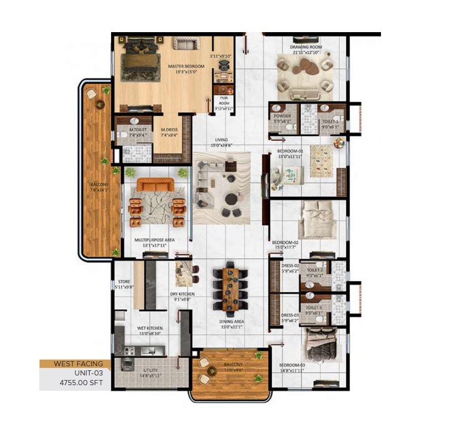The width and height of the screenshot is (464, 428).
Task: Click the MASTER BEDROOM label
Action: [186, 67]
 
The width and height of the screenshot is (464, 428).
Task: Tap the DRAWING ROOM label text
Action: [306, 47]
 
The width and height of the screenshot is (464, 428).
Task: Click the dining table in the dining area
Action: [231, 289]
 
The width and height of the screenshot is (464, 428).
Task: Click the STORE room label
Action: [124, 282]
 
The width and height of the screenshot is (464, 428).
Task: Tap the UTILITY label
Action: [150, 370]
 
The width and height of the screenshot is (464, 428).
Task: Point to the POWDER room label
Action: [282, 116]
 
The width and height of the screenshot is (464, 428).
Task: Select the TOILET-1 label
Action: [330, 122]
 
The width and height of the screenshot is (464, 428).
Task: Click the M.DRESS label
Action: [169, 130]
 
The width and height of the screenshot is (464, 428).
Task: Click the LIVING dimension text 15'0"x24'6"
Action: [221, 145]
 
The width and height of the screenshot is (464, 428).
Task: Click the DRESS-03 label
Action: [289, 315]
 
